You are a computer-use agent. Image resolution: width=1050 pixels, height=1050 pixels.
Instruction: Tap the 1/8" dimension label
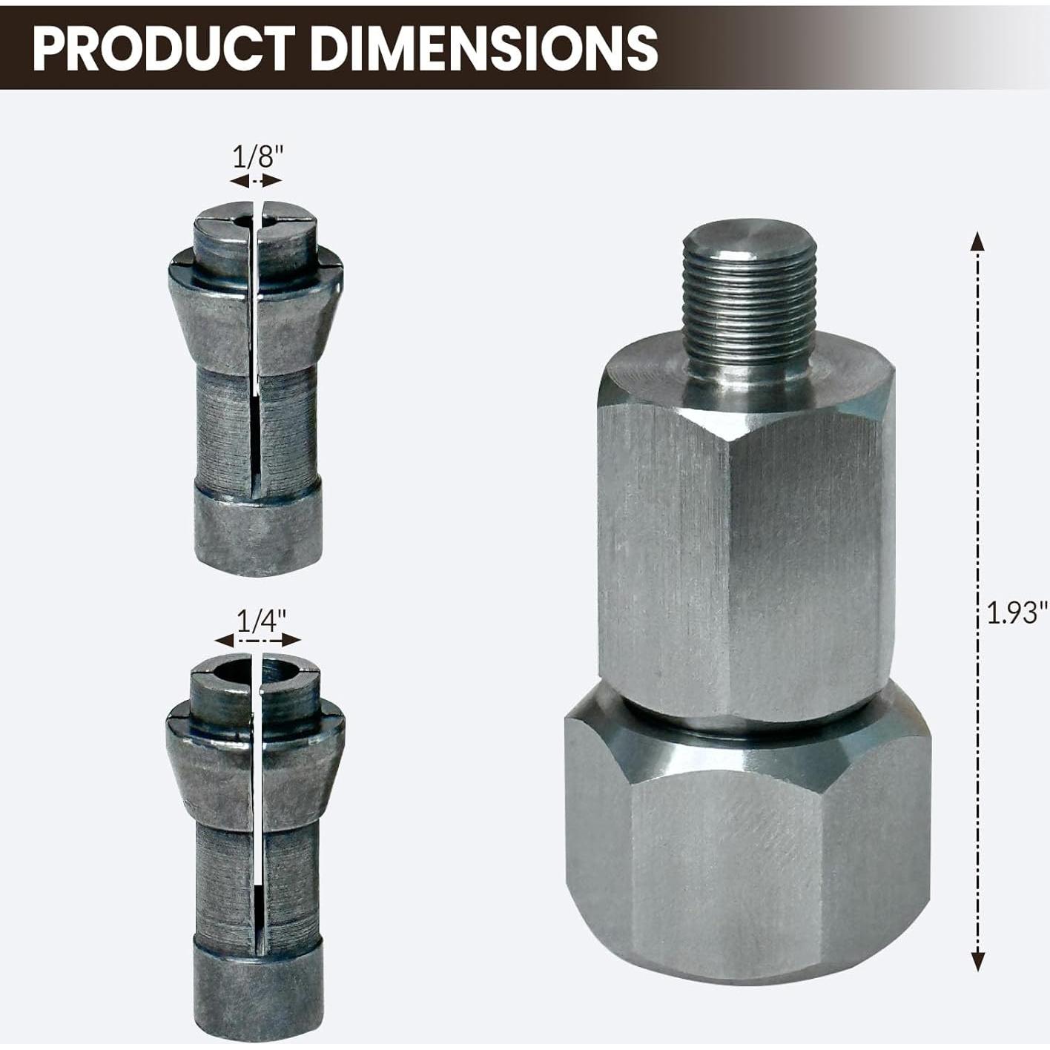(258, 157)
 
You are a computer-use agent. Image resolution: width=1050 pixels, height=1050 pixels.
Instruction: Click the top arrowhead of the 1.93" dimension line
(978, 242)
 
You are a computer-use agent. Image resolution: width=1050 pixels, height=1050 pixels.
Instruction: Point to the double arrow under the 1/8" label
(256, 181)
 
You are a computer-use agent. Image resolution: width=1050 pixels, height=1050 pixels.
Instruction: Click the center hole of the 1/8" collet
(244, 220)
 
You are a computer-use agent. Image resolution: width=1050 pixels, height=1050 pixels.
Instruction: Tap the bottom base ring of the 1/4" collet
(258, 986)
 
